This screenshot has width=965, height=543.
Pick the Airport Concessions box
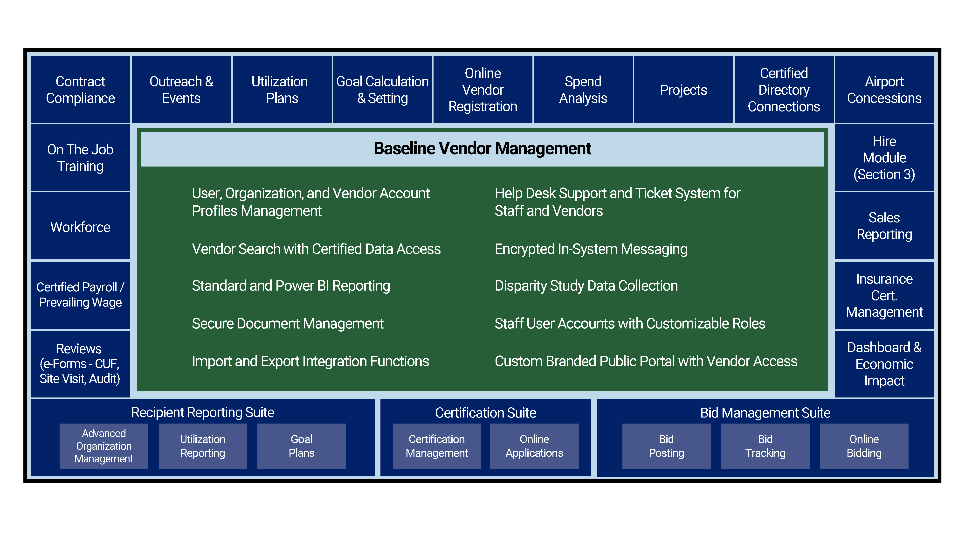[884, 90]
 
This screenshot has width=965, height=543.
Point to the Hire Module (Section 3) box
[884, 158]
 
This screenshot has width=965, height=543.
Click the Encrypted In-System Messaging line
[591, 249]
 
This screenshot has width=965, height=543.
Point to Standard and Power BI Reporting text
[291, 286]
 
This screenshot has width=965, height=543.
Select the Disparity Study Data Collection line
[586, 286]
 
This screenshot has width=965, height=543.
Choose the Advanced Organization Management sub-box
[104, 446]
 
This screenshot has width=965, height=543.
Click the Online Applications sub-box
[534, 446]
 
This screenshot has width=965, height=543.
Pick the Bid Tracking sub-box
[765, 446]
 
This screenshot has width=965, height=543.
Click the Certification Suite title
[485, 413]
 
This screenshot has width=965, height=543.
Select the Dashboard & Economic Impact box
[884, 364]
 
